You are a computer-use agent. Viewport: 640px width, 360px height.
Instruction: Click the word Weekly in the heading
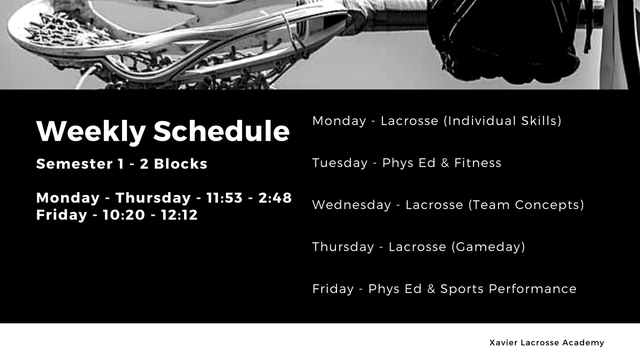[91, 132]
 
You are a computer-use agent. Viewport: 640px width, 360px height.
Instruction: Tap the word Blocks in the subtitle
[180, 164]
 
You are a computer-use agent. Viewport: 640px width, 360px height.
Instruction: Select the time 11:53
[224, 198]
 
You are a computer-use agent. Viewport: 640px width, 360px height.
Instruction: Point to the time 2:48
[275, 198]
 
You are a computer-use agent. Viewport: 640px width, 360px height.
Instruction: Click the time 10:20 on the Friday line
[124, 215]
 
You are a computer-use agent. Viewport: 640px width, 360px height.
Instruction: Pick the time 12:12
[179, 215]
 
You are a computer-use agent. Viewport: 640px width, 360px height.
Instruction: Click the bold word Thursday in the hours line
[153, 198]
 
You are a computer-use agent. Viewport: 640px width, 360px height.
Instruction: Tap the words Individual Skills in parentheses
[502, 121]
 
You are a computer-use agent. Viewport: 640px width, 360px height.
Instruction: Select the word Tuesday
[340, 163]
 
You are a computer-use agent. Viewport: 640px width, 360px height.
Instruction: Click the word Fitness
[478, 163]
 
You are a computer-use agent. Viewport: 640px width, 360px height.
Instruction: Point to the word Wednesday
[352, 205]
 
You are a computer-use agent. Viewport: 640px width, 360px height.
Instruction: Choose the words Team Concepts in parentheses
[526, 205]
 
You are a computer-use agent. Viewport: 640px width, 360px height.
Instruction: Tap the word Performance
[532, 289]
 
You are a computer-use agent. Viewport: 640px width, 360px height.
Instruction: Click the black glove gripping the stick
[503, 40]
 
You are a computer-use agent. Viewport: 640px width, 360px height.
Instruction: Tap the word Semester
[74, 164]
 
